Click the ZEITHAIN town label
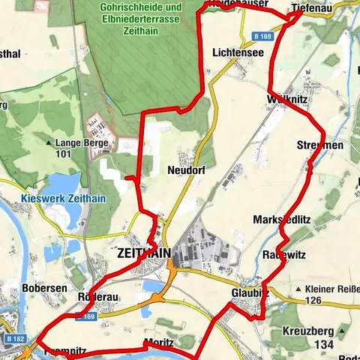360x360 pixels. click(x=143, y=254)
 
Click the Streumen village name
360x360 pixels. click(x=320, y=144)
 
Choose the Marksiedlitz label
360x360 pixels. click(x=281, y=218)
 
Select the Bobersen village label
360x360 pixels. click(x=45, y=288)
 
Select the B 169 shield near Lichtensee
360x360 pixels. click(x=261, y=35)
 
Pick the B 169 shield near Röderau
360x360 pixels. click(x=89, y=317)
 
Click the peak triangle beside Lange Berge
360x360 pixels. click(x=49, y=142)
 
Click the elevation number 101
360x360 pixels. click(x=63, y=154)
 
